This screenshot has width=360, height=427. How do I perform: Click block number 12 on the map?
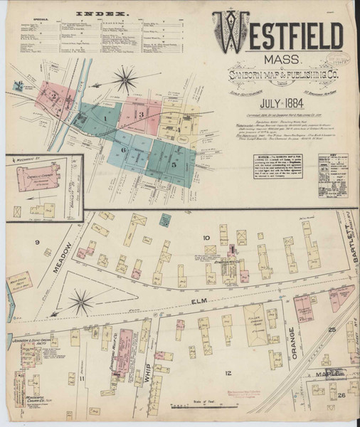[228, 372]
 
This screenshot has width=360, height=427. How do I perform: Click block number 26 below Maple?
[342, 394]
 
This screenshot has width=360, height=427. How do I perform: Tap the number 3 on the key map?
[142, 114]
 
